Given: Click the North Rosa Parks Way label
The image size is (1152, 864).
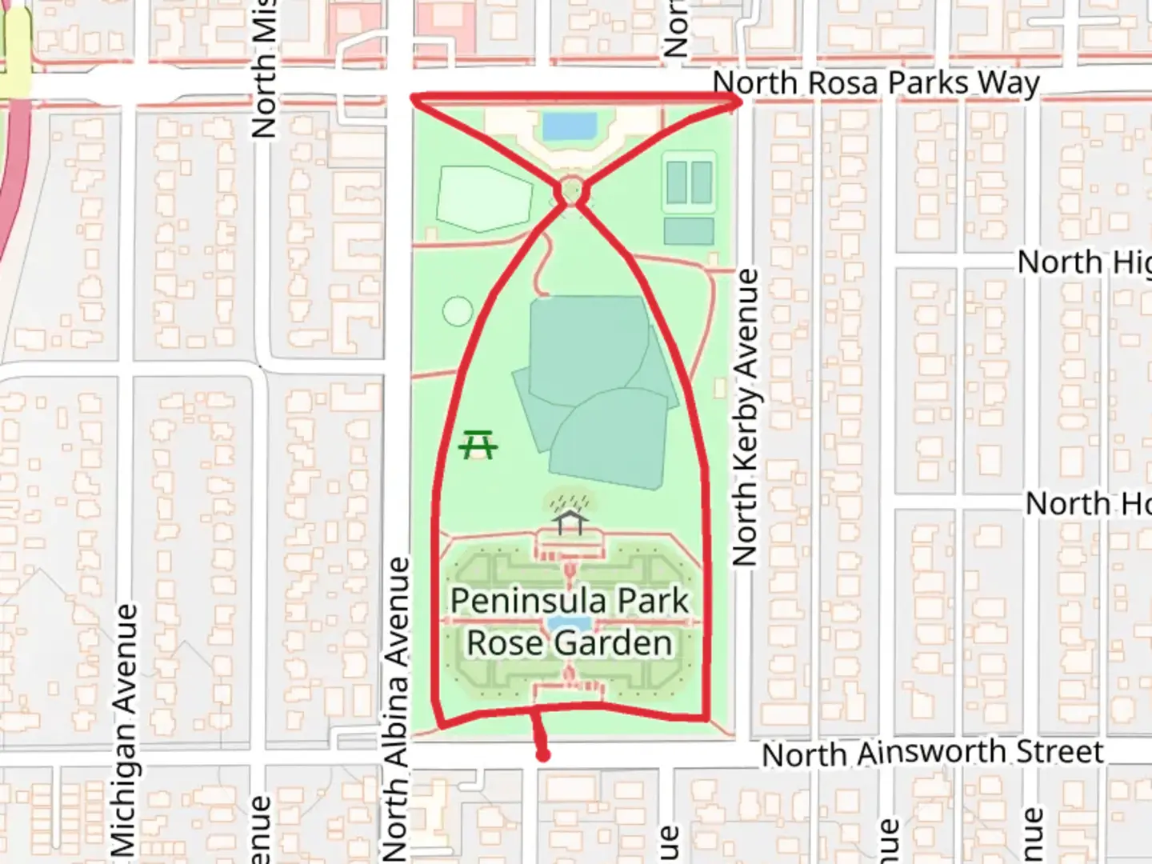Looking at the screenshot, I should (x=875, y=83).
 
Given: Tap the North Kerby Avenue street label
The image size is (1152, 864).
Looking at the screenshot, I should (x=745, y=418).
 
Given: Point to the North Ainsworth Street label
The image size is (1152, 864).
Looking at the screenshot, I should (x=932, y=753).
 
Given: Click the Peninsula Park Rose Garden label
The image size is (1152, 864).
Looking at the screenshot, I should (x=570, y=622).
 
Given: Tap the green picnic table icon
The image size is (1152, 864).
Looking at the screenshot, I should (x=478, y=444).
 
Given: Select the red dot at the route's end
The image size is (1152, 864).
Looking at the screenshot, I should (x=543, y=755).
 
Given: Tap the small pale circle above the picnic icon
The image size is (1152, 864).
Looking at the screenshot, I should (x=458, y=311).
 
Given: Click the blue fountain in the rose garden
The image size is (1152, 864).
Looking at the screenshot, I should (x=570, y=624).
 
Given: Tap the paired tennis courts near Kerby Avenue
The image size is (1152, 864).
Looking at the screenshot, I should (x=689, y=182).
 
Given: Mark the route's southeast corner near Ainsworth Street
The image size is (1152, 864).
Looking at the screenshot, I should (x=706, y=718).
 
